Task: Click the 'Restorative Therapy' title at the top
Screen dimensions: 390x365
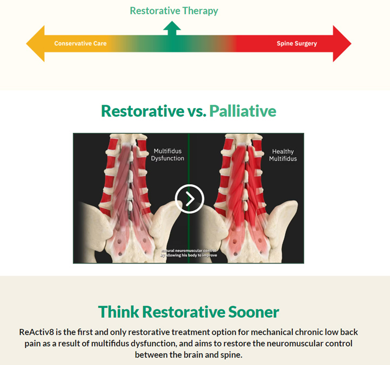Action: tap(174, 11)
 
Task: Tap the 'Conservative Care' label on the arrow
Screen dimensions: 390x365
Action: tap(80, 44)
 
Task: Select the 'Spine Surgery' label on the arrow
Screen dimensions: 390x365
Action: tap(297, 44)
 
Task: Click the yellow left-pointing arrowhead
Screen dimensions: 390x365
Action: tap(35, 44)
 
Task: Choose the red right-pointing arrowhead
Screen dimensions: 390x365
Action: tap(342, 44)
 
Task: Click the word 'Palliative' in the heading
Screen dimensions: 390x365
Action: tap(243, 111)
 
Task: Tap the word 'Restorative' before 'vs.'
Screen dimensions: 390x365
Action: tap(143, 111)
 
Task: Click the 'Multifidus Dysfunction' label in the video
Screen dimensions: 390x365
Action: tap(167, 154)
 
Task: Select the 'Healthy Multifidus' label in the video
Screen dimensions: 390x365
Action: tap(283, 155)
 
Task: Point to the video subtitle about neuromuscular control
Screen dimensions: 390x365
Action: tap(189, 253)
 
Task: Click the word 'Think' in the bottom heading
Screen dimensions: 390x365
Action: tap(119, 312)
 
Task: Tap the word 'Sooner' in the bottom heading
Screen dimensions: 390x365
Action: tap(254, 312)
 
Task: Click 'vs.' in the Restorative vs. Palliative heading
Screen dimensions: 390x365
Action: tap(197, 111)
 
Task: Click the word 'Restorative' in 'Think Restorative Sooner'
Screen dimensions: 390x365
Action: tap(184, 312)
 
